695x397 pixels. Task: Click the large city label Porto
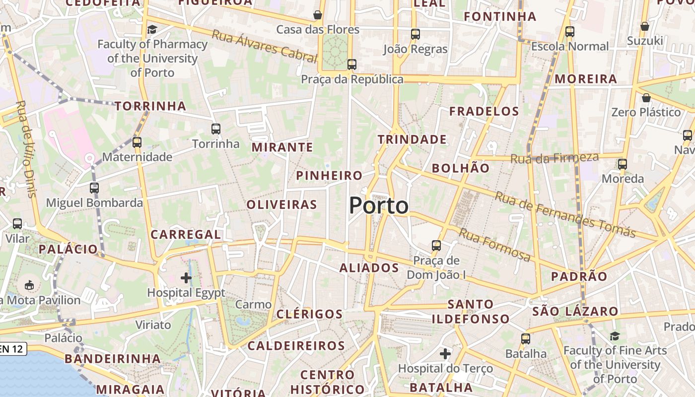tap(379, 205)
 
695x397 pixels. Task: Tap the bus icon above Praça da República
tap(352, 64)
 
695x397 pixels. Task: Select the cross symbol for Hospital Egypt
tap(186, 278)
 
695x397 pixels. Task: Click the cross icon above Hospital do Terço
tap(445, 354)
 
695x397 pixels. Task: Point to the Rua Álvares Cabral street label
tap(264, 46)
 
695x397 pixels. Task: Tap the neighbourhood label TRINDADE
tap(412, 139)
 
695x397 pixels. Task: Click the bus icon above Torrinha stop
tap(216, 129)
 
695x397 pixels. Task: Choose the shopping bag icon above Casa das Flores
tap(318, 15)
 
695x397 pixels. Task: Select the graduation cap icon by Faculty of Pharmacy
tap(152, 29)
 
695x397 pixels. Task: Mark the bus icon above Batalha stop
tap(526, 339)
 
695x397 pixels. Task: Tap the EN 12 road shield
tap(12, 349)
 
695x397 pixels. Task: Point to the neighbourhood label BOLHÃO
tap(461, 168)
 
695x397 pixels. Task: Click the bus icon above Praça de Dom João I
tap(436, 245)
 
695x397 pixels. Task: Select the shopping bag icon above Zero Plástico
tap(646, 98)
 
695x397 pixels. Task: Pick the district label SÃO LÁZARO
tap(575, 312)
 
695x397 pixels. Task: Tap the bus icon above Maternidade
tap(137, 142)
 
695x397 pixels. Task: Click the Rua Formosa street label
tap(494, 245)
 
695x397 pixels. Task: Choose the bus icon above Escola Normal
tap(569, 32)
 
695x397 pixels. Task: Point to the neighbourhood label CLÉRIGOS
tap(309, 314)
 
